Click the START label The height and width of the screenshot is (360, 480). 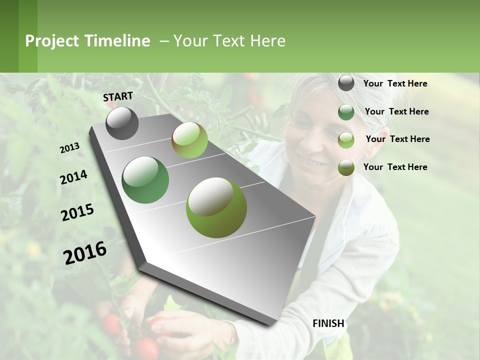tap(118, 96)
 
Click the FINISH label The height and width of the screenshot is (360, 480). tap(328, 323)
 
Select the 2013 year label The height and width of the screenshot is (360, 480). tap(69, 148)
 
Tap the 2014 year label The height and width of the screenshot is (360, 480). tap(73, 177)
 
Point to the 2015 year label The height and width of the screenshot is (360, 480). tap(77, 212)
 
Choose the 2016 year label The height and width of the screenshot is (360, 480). tap(85, 252)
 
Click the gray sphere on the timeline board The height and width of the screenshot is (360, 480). tap(122, 123)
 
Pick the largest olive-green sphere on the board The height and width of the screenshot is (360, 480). tap(216, 207)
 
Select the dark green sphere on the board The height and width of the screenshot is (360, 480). tap(145, 179)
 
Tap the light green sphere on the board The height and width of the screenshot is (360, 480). tap(189, 140)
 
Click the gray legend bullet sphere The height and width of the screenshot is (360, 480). tap(346, 83)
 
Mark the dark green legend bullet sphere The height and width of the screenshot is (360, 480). tap(346, 112)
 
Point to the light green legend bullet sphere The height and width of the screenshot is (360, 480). tap(346, 139)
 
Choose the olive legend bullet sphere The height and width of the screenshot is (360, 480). tap(346, 167)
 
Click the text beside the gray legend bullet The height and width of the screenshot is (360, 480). tap(395, 83)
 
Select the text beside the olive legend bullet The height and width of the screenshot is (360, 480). tap(395, 167)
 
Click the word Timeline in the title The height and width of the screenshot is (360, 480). tap(117, 41)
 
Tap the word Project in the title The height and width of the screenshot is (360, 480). tap(52, 41)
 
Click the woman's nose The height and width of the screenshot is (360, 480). tap(312, 142)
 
